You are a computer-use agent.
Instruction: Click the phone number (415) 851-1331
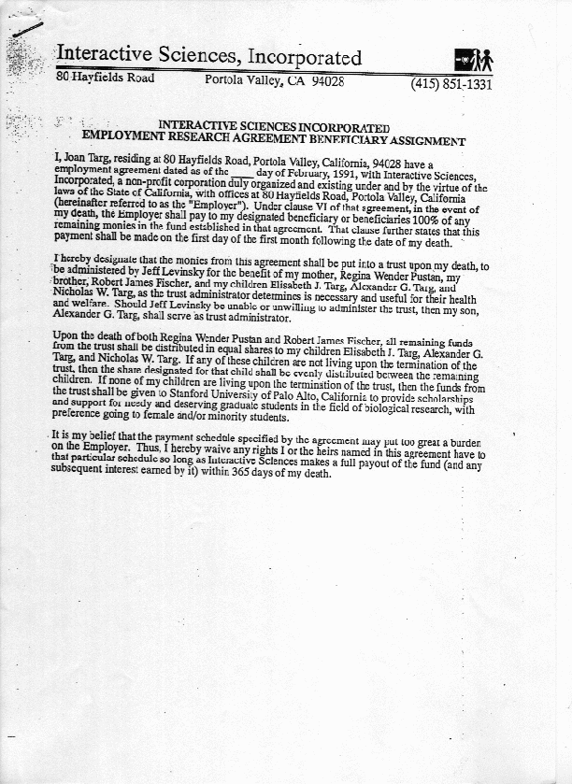point(450,84)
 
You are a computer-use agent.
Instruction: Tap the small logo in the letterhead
point(473,60)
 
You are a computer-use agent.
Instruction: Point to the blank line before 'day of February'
point(242,173)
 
